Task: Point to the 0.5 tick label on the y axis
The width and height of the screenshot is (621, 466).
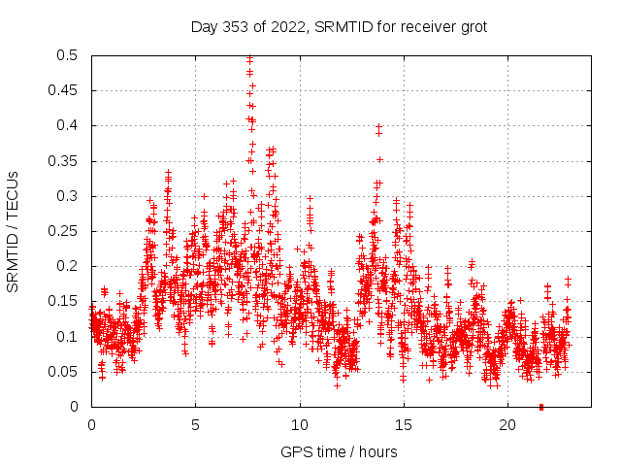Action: (x=68, y=55)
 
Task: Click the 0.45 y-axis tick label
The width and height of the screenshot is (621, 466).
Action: (x=64, y=90)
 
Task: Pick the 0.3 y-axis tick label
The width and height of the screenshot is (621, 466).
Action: (x=68, y=196)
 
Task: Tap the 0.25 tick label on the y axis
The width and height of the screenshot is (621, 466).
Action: (x=64, y=231)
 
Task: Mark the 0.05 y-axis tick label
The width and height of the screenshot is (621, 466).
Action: (x=64, y=372)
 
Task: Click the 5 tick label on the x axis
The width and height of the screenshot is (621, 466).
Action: (x=195, y=425)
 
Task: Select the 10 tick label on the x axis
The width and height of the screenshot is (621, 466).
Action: (x=300, y=425)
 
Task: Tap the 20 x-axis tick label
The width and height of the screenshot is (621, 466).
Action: (x=508, y=425)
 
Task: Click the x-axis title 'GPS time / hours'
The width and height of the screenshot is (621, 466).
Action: (x=339, y=452)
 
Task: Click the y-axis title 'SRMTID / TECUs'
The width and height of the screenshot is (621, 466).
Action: (x=14, y=231)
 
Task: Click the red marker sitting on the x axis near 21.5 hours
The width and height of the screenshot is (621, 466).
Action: (x=540, y=406)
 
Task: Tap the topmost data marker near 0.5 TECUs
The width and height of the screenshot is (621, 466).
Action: (x=249, y=57)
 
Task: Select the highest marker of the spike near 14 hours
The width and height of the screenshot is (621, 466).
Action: (x=378, y=126)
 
